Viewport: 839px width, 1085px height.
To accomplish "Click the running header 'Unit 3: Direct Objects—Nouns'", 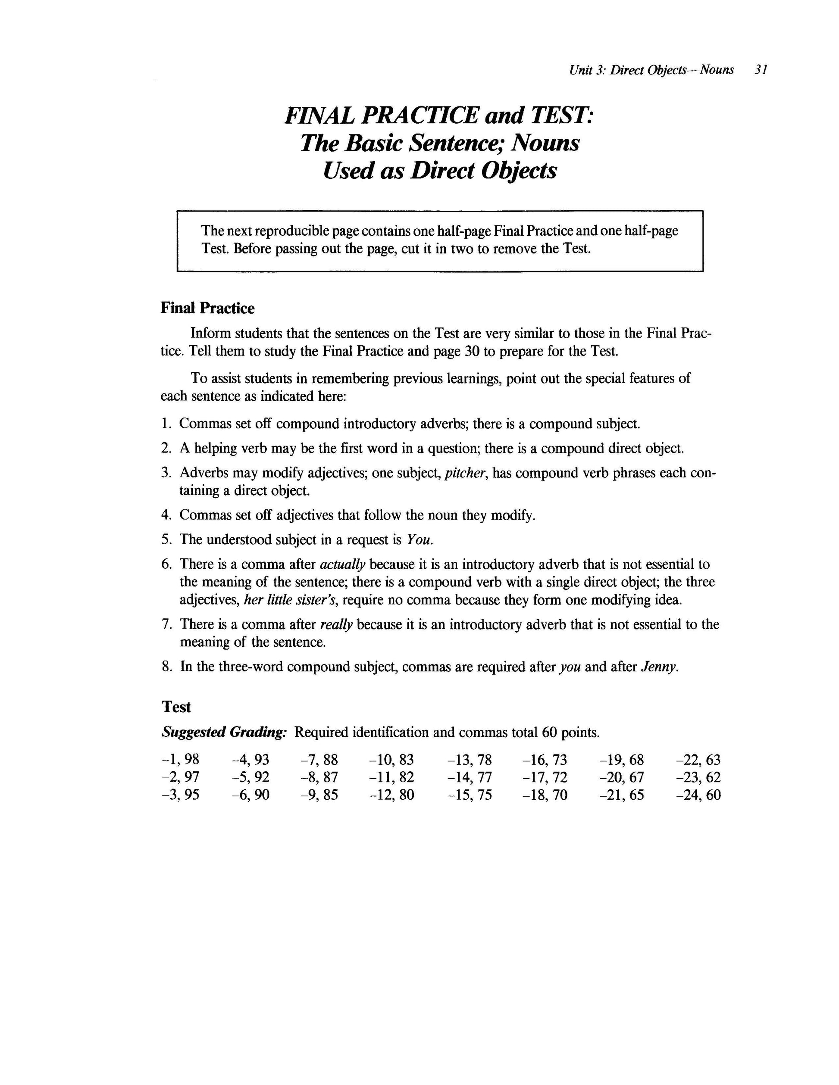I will [x=651, y=70].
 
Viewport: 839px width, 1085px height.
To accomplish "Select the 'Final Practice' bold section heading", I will [x=207, y=308].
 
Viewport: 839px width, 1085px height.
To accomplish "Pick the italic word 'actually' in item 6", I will [x=342, y=564].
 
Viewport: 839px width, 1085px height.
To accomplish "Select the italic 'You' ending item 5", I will [x=420, y=539].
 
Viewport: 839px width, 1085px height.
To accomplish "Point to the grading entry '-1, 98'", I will [x=180, y=760].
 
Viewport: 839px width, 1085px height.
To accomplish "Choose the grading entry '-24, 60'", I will [x=698, y=795].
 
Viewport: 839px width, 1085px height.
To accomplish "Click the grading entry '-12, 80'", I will [x=391, y=795].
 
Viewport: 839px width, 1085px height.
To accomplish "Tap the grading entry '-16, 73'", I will [x=545, y=760].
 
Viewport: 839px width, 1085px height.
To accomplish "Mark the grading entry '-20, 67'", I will [x=622, y=777].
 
